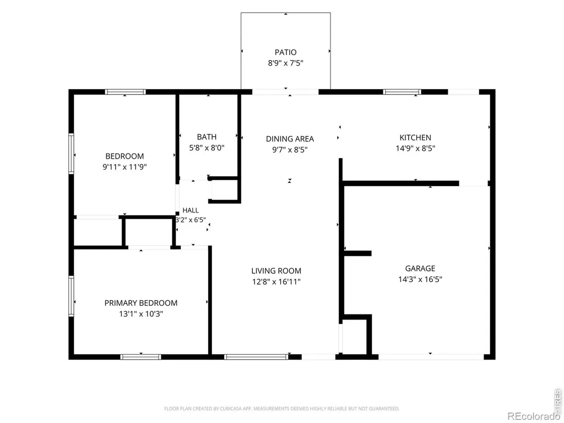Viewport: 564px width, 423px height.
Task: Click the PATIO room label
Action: point(286,52)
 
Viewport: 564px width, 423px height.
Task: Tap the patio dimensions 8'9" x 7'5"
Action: point(286,63)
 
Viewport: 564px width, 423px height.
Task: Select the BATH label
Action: point(207,137)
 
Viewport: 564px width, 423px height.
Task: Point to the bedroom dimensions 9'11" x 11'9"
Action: point(124,167)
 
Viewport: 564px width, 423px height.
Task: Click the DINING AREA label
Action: point(290,139)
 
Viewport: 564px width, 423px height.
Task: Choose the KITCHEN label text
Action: point(415,137)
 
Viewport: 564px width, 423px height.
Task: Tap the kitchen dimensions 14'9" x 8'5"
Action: point(415,148)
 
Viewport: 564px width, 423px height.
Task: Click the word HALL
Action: point(191,210)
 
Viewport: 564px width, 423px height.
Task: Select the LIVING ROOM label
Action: point(276,271)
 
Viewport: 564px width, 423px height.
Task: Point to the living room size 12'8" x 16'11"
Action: point(276,281)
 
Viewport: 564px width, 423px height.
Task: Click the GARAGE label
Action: point(420,268)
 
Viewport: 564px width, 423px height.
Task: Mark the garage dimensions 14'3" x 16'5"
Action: point(420,279)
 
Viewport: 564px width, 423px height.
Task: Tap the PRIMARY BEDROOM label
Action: point(141,303)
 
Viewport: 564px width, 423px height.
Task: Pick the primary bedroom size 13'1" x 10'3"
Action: point(141,314)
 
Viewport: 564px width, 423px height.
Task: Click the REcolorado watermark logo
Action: point(533,416)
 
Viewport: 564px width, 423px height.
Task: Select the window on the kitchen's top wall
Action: point(402,92)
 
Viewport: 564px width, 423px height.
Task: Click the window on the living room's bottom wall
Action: point(256,357)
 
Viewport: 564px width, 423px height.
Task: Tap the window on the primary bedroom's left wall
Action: point(71,296)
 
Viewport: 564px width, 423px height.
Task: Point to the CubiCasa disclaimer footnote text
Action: point(281,409)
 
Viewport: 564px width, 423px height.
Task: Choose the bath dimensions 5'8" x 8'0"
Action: point(207,148)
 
